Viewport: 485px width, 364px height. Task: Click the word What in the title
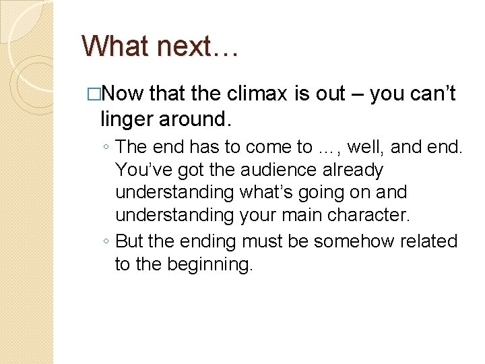pyautogui.click(x=117, y=46)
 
